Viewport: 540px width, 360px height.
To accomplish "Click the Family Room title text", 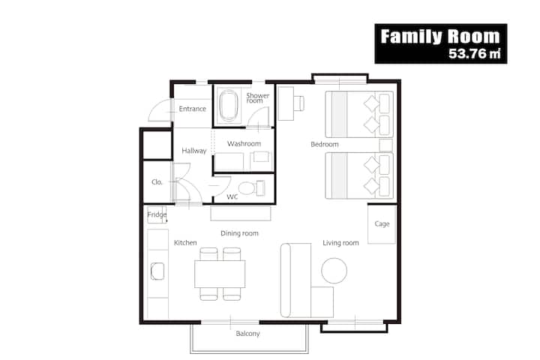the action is click(x=440, y=36).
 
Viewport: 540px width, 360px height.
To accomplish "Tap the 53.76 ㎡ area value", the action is click(x=475, y=53).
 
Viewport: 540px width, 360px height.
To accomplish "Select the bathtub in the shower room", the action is click(x=228, y=105).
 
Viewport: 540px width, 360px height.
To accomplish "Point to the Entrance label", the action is click(x=192, y=109).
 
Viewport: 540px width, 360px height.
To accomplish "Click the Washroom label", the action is click(x=244, y=143).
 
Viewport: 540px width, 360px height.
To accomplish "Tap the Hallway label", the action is click(x=194, y=151).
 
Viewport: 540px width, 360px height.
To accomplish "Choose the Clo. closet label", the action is click(x=157, y=182).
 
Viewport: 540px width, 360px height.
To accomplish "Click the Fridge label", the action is click(x=157, y=215).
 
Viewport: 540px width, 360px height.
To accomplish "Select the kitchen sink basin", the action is click(x=157, y=271).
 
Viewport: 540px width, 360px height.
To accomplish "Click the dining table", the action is click(x=220, y=274).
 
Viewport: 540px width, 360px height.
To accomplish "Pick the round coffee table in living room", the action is click(x=334, y=271).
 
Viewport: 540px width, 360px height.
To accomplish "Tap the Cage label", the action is click(x=382, y=224).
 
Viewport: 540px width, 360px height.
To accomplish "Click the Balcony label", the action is click(x=247, y=334).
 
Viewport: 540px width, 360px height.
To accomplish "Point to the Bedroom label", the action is click(x=325, y=144).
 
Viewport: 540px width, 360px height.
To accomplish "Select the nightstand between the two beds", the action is click(x=385, y=145).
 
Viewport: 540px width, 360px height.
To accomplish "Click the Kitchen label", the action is click(x=185, y=242).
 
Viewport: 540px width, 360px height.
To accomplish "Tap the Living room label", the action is click(x=340, y=243).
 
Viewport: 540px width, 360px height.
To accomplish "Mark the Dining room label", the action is click(x=239, y=233).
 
